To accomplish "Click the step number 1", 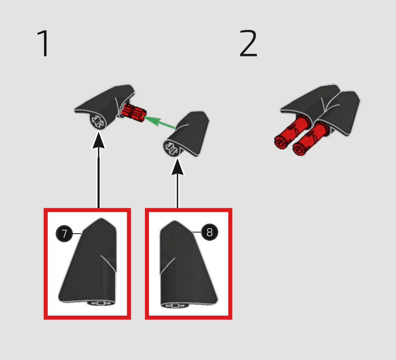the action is (44, 43).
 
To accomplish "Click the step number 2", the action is (248, 43).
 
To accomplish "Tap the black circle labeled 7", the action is (64, 234).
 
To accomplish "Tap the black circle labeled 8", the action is (210, 232).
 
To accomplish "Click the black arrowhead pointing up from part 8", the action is (177, 167).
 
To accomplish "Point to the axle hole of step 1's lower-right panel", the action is (172, 148).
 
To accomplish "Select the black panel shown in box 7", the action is (87, 261).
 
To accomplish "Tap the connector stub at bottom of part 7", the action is (101, 303).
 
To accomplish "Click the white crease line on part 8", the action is (168, 266).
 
